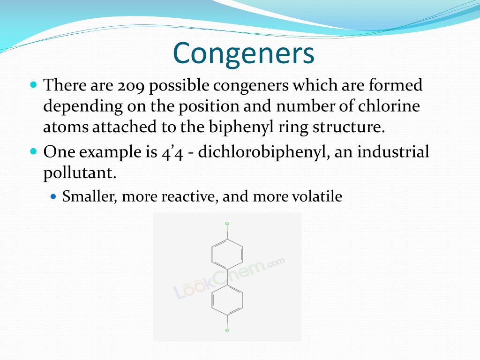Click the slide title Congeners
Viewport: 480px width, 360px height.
244,53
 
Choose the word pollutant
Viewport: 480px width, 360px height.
79,173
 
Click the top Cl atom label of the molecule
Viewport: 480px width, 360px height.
227,224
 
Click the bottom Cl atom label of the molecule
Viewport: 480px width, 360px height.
227,330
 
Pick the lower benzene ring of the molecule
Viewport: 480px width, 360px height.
227,300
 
